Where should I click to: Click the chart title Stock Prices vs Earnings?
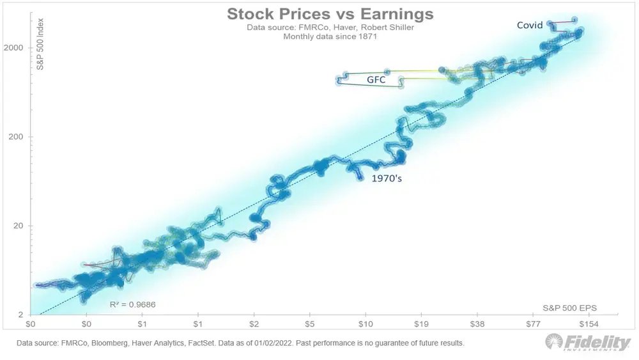tap(330, 15)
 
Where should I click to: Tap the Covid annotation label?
tap(530, 26)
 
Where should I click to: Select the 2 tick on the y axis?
tap(22, 315)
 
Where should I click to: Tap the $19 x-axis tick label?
tap(421, 325)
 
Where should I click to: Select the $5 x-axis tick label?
tap(310, 325)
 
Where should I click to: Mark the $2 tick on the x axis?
tap(254, 325)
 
